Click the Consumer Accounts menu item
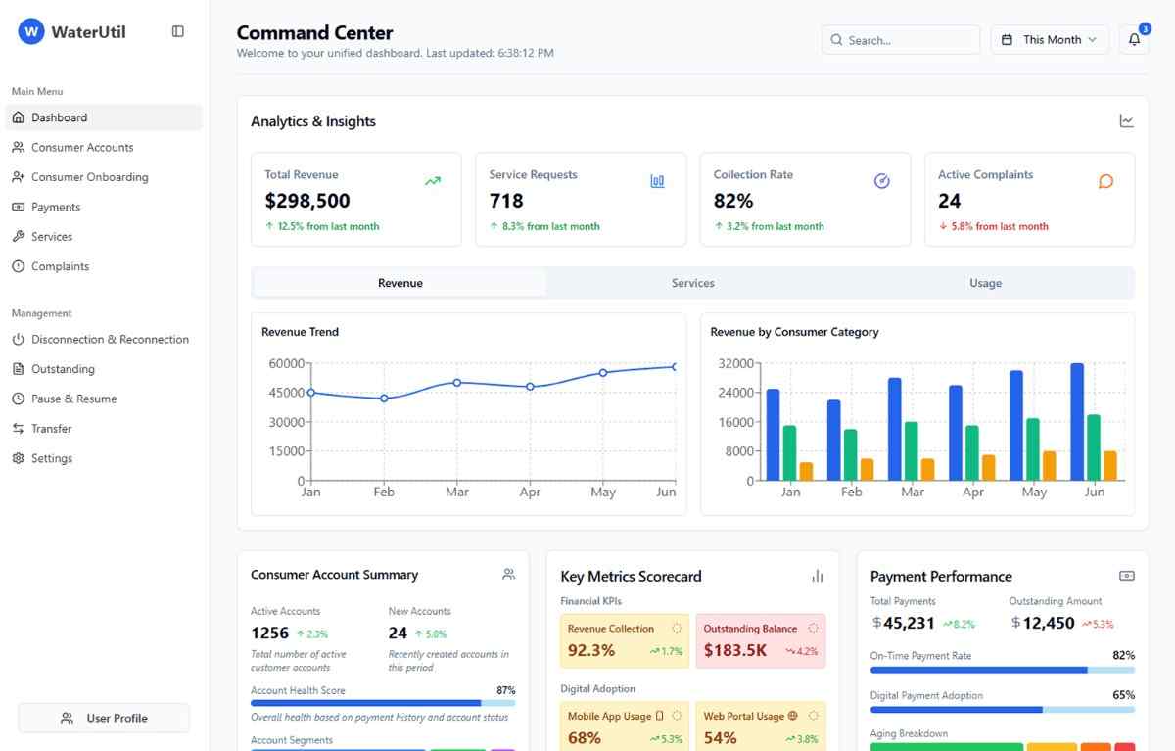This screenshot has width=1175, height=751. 82,147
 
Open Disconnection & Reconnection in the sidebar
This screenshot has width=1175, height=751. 110,339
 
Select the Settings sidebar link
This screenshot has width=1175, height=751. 51,458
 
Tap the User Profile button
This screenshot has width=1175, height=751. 104,718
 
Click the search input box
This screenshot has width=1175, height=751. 901,40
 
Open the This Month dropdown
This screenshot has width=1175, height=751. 1050,40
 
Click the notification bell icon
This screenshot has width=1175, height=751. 1134,40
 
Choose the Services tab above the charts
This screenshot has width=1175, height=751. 692,283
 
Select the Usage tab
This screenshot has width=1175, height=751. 985,283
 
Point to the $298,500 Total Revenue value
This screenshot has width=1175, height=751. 307,201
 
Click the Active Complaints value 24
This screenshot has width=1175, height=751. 949,201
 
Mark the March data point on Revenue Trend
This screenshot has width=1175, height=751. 456,383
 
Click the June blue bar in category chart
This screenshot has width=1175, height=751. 1077,422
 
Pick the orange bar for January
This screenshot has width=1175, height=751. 806,471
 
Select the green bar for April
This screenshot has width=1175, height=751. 972,452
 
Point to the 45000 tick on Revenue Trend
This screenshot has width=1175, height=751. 287,393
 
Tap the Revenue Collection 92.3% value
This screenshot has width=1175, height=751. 591,650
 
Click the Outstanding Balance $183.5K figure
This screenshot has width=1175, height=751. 734,650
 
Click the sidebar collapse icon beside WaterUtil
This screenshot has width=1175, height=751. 177,31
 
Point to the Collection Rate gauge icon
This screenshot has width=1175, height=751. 881,181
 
